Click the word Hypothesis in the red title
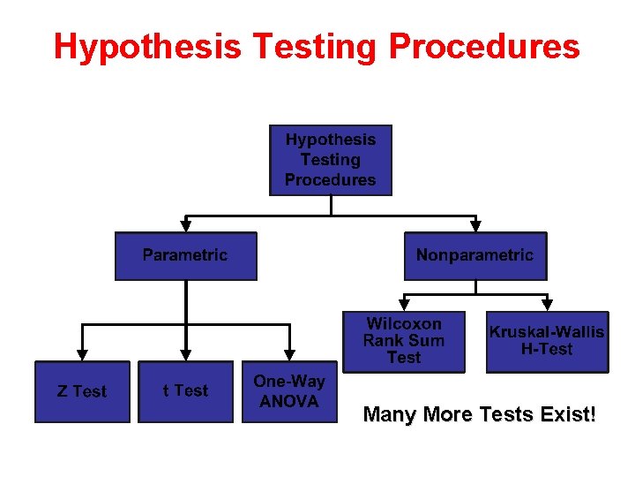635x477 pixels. coord(146,47)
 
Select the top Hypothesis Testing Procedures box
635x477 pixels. coord(331,160)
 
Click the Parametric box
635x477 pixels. coord(185,255)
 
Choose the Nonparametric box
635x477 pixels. coord(474,255)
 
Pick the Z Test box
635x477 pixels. coord(82,391)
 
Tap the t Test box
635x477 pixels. coord(185,391)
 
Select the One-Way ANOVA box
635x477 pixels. coord(289,391)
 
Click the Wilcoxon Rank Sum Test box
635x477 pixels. coord(404,341)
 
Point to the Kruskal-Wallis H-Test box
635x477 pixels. coord(547,341)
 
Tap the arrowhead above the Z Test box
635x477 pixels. coord(82,355)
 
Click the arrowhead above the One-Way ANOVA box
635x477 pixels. coord(289,355)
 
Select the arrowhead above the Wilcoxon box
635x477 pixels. coord(404,301)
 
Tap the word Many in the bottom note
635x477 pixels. coord(390,414)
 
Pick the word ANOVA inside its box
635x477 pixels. coord(289,401)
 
